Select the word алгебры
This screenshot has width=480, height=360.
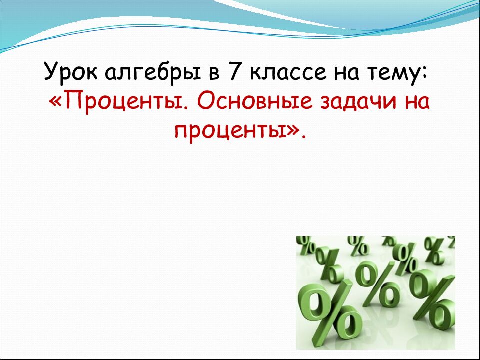pyautogui.click(x=155, y=72)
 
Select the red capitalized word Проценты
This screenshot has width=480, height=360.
pyautogui.click(x=126, y=102)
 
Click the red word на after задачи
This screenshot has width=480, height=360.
pyautogui.click(x=417, y=104)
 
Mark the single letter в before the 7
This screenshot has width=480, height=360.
pyautogui.click(x=214, y=74)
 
